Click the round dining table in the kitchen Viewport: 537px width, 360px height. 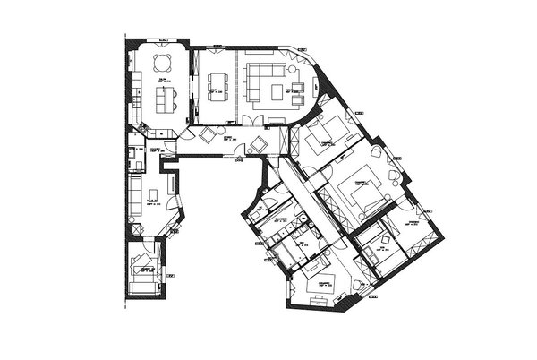point(163,64)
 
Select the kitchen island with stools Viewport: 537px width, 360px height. point(167,98)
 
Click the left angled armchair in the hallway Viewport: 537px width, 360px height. point(209,135)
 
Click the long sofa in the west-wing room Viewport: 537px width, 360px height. point(133,194)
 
